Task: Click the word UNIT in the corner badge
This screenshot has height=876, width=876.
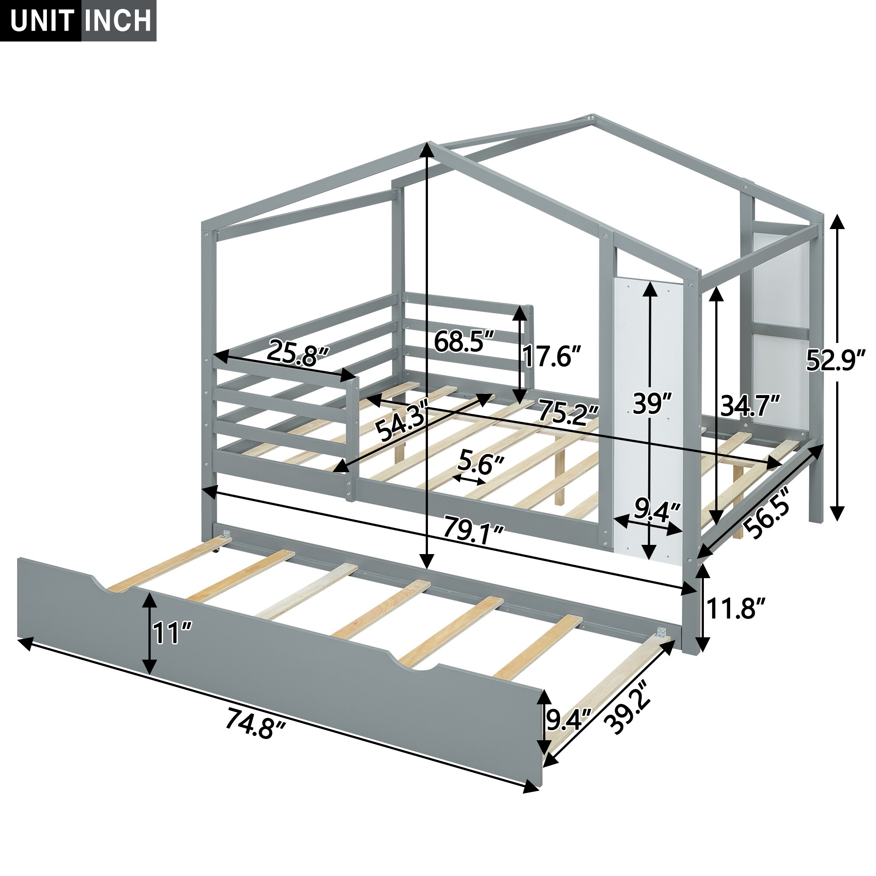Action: point(42,21)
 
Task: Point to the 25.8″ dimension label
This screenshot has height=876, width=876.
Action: point(297,353)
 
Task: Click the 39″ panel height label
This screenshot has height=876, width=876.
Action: point(652,403)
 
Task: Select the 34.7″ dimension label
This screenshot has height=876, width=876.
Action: point(750,405)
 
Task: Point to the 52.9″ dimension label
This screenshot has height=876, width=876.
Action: point(836,361)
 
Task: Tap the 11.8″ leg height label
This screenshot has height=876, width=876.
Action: point(736,608)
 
